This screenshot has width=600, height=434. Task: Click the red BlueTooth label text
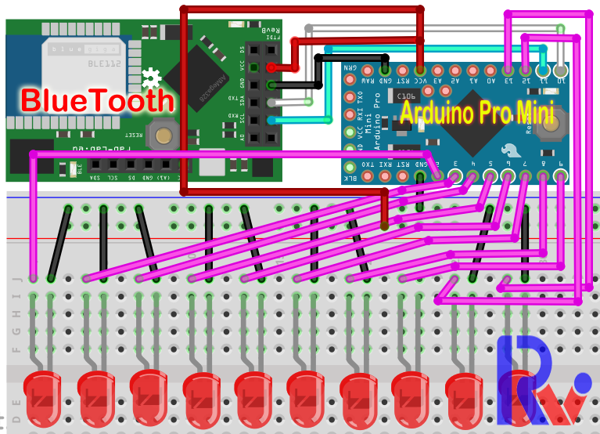tap(96, 100)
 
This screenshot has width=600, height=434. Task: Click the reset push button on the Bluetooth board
tap(163, 134)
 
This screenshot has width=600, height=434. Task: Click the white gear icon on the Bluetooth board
tap(151, 78)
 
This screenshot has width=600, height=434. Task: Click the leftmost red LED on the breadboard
tap(41, 396)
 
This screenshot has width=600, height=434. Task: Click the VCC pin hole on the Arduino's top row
tap(420, 67)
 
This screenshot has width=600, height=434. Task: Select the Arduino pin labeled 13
tap(508, 68)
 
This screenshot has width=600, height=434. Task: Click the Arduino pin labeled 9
tap(560, 176)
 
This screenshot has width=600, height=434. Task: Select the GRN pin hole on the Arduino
tap(350, 67)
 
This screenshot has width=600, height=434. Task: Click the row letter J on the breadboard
tap(17, 278)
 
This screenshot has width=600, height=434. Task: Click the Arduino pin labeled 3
tap(454, 176)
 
